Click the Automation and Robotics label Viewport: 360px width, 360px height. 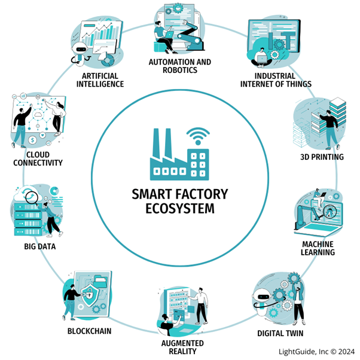tap(179, 66)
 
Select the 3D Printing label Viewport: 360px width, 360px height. tap(322, 157)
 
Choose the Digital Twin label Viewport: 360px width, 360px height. tap(279, 332)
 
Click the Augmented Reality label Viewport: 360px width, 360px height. tap(183, 347)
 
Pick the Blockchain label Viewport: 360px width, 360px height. tap(87, 331)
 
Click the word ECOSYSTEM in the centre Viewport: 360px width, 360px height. tap(179, 209)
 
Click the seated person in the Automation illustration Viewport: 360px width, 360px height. tap(161, 33)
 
